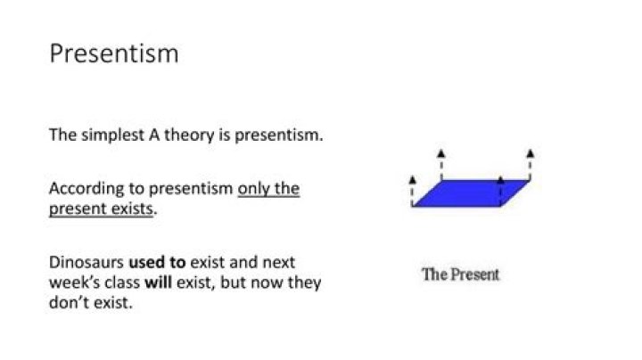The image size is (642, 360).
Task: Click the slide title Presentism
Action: click(x=113, y=54)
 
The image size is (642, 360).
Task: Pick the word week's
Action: click(x=69, y=282)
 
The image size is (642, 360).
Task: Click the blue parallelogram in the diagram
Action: click(x=471, y=192)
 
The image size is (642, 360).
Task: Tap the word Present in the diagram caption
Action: click(x=475, y=274)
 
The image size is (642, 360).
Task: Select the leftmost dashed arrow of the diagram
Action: click(x=412, y=189)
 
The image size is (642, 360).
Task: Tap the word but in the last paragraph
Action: click(x=234, y=282)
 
